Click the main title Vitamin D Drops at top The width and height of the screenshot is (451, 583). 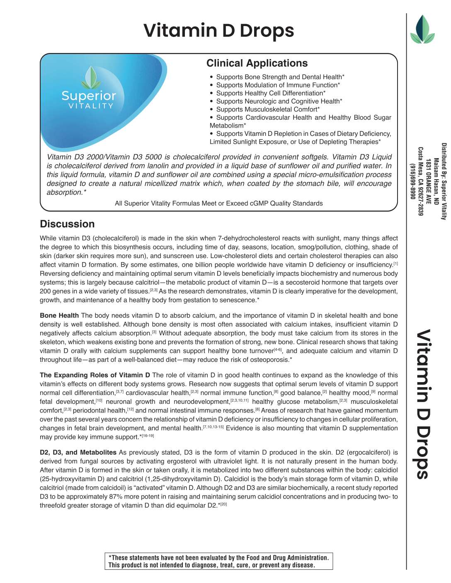click(218, 31)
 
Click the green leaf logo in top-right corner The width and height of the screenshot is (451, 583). click(422, 30)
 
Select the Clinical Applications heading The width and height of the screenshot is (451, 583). click(257, 63)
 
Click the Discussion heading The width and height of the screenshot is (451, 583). click(67, 224)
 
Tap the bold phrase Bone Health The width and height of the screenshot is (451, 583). click(59, 316)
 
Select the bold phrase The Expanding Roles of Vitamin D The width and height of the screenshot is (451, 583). click(95, 375)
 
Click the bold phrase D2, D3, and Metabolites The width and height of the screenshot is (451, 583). click(78, 453)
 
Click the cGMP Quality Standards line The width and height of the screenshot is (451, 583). click(218, 203)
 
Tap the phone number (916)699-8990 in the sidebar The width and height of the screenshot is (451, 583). click(412, 181)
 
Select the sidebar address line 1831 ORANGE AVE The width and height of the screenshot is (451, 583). click(428, 181)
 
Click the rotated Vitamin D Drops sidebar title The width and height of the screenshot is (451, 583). click(422, 404)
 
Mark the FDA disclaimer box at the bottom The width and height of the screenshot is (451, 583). click(218, 561)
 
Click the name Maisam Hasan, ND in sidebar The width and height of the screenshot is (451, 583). click(436, 181)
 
